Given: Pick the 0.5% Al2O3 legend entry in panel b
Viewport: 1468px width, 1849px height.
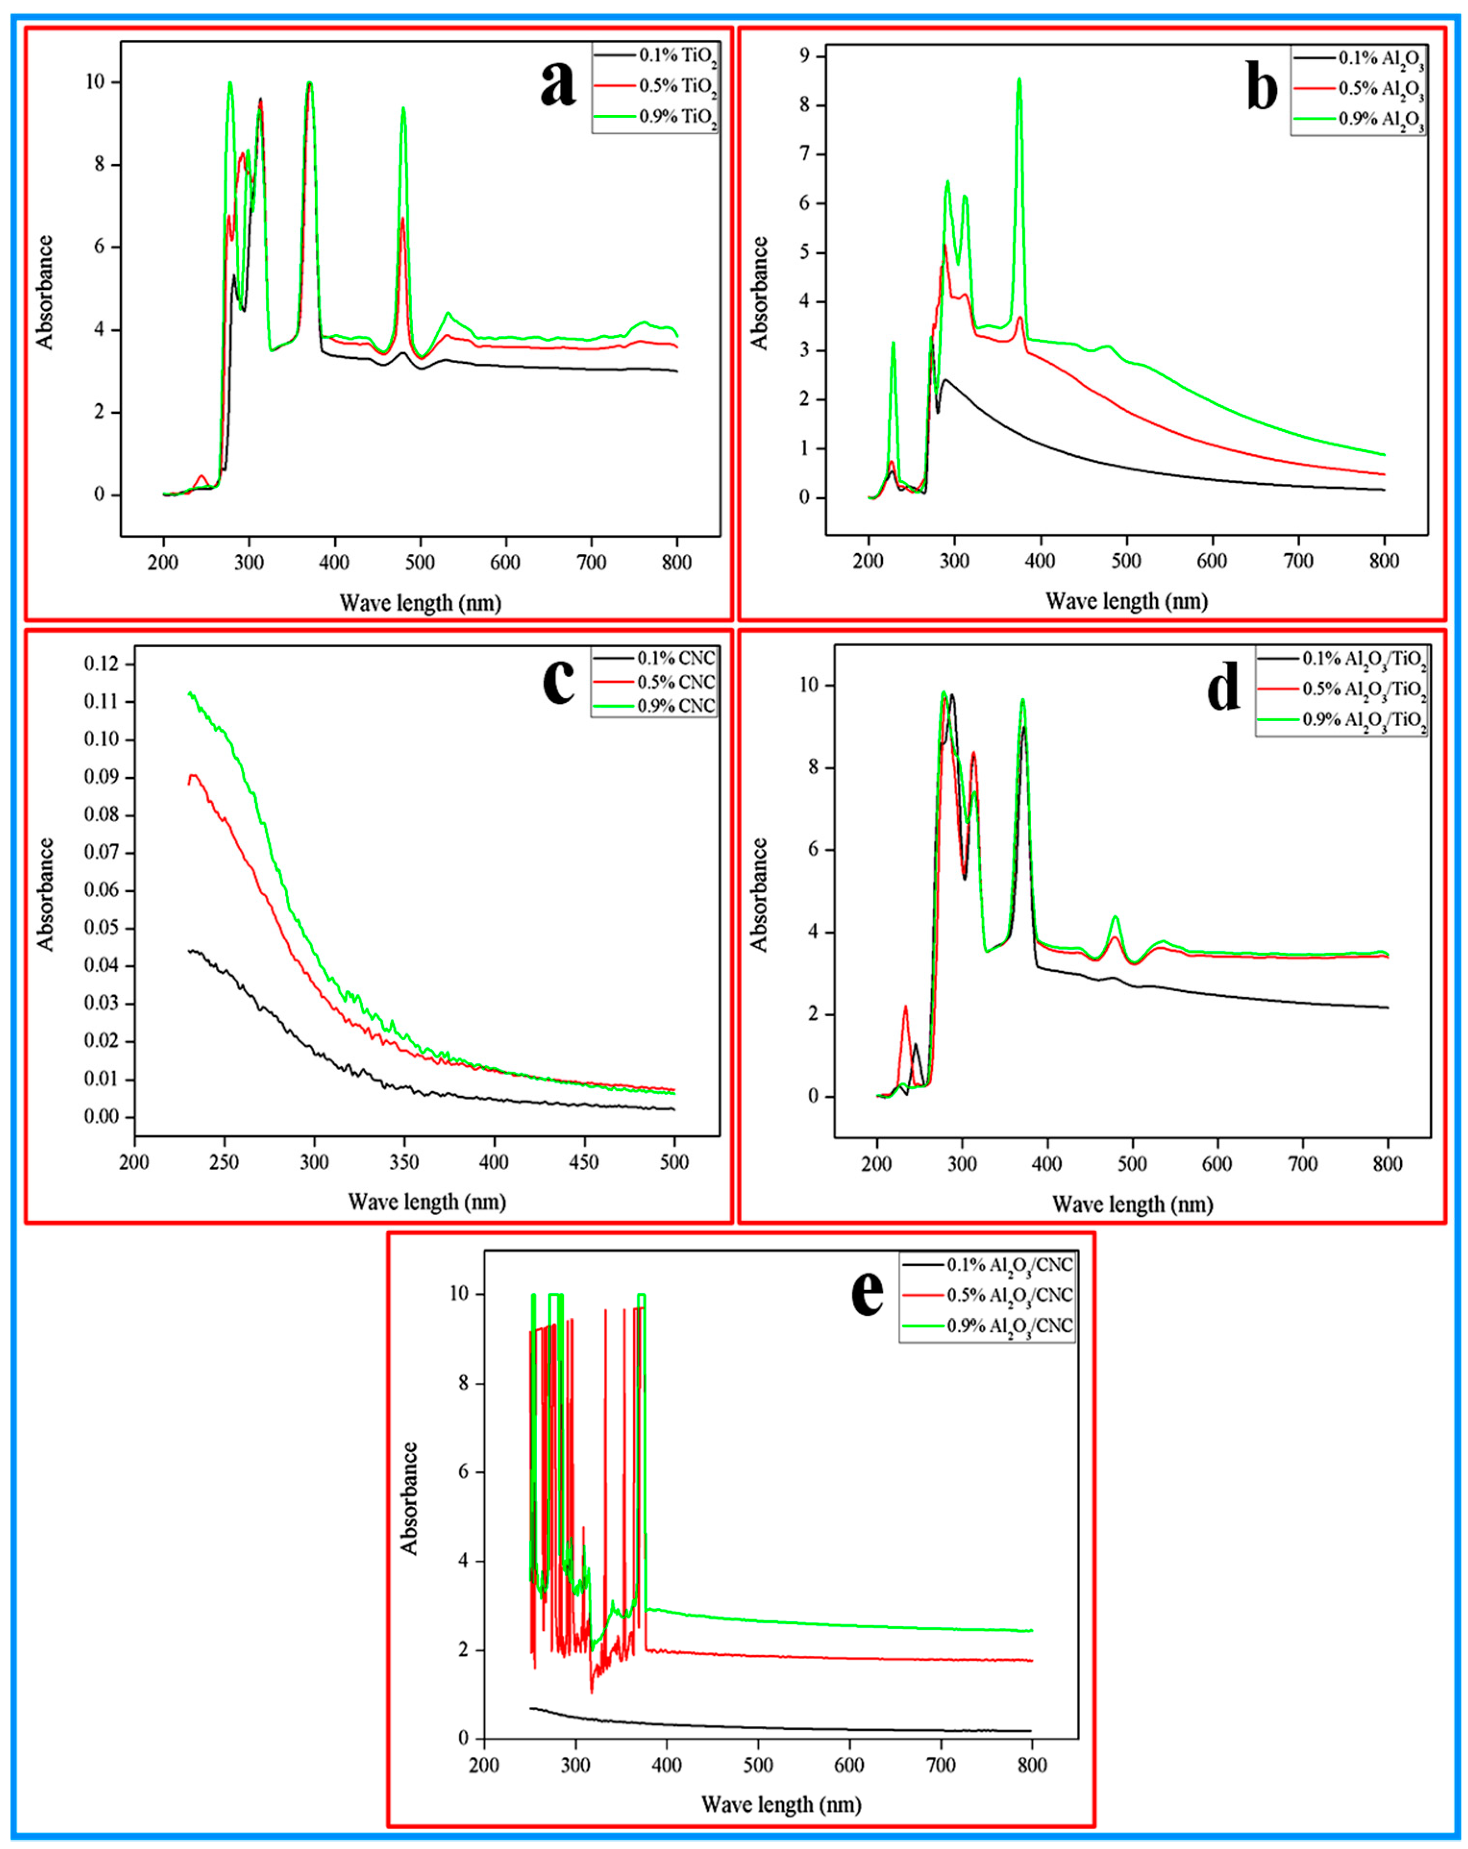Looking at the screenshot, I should pos(1381,90).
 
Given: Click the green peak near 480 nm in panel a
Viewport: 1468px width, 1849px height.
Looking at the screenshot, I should pos(403,109).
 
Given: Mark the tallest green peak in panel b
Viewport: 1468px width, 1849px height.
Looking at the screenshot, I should pos(1019,80).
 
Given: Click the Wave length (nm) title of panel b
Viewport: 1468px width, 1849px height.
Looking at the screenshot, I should pos(1126,601).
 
